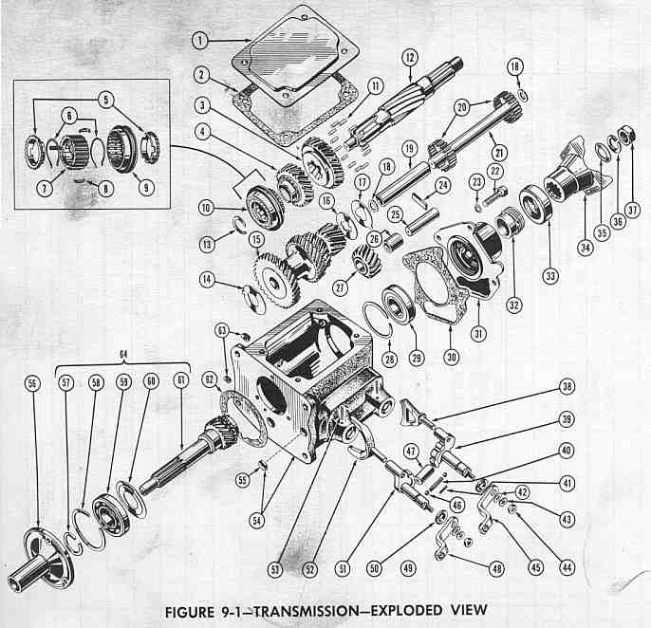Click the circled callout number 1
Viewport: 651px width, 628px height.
tap(200, 41)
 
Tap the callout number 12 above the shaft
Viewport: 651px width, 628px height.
tap(410, 57)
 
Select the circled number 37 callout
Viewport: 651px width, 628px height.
tap(633, 210)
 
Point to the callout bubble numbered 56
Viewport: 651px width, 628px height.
tap(32, 382)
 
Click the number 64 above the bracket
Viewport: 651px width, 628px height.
tap(123, 354)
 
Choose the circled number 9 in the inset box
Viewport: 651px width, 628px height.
tap(146, 187)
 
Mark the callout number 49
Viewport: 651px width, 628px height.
tap(408, 567)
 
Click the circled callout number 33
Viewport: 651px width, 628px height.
tap(550, 275)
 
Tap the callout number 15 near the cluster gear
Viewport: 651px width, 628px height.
tap(256, 239)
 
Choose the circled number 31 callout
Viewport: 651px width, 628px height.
tap(478, 333)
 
